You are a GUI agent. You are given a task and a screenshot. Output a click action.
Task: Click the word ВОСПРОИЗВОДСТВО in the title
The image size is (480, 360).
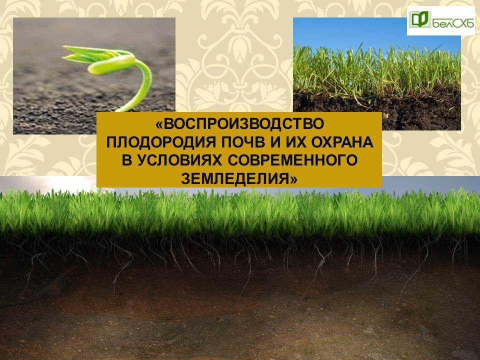coord(243,124)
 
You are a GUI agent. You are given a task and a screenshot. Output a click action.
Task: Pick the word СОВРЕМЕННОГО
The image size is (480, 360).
coord(293,160)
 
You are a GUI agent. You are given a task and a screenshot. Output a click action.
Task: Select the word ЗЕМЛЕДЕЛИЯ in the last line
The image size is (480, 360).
coord(235,178)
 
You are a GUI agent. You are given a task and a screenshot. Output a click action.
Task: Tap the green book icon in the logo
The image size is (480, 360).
coord(420,19)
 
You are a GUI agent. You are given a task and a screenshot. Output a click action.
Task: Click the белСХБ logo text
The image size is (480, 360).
coord(453,22)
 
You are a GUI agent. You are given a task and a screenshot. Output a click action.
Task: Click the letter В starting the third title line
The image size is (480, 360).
coord(126,160)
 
